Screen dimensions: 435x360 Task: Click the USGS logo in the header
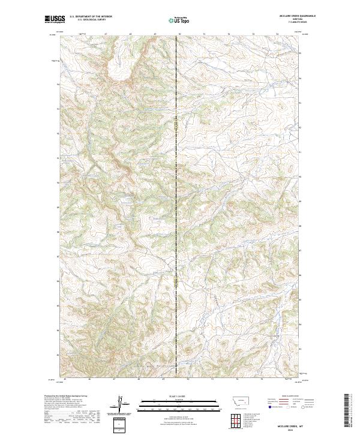55,20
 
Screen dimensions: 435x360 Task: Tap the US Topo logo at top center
179,20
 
